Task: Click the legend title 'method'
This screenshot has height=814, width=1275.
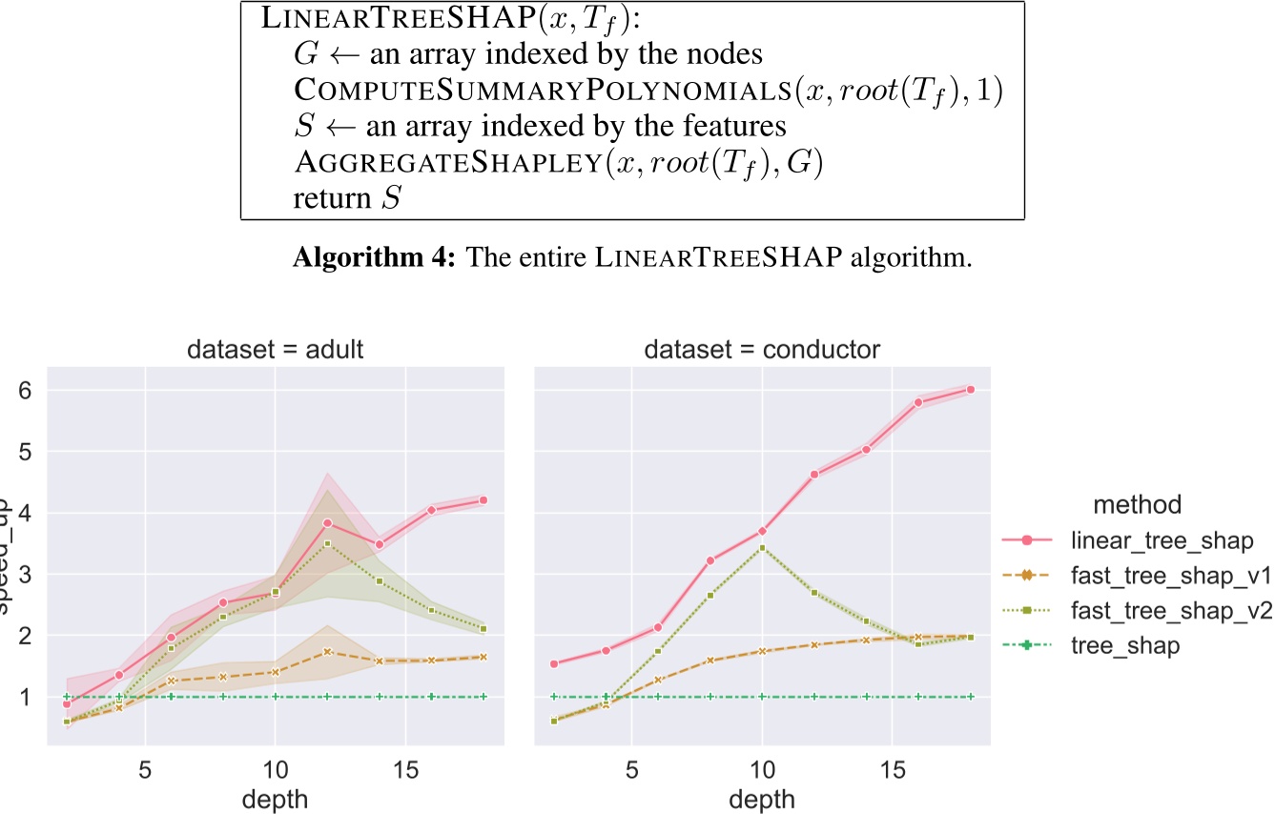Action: point(1137,503)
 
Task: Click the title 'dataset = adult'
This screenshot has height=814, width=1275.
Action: point(275,349)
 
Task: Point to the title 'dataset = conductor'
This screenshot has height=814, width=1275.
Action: point(761,349)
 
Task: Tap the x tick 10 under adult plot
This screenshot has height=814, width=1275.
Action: point(275,767)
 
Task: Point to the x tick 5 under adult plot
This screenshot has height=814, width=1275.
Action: point(145,767)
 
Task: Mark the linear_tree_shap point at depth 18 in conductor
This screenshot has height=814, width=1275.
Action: point(971,389)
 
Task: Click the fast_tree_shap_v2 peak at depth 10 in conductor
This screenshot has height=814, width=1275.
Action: point(762,547)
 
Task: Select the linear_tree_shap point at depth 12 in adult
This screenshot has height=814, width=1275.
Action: point(327,522)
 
